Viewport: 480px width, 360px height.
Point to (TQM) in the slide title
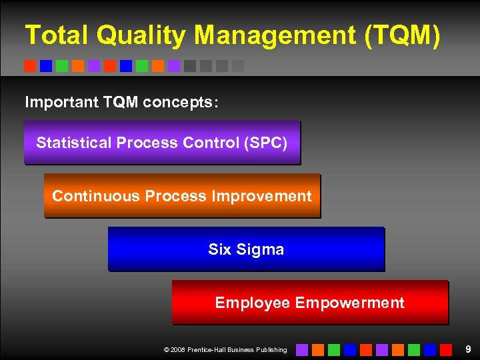pos(403,35)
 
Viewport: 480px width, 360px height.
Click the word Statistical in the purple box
pos(73,143)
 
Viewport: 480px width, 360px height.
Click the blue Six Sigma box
pos(246,249)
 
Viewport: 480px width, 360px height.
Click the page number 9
pos(468,349)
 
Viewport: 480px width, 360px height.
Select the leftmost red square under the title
pos(30,66)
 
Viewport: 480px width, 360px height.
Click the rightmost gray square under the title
pos(238,66)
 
